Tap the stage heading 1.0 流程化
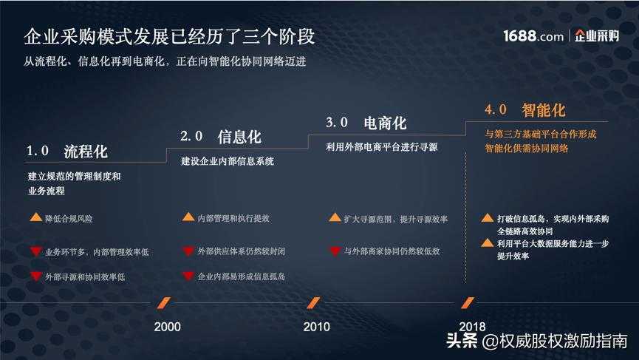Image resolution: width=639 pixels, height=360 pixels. [67, 152]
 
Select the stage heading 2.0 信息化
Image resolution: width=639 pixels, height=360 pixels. [221, 137]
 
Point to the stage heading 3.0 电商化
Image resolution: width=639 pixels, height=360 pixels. [366, 122]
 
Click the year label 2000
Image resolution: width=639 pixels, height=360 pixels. [167, 326]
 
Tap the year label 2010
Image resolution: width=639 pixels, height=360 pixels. [317, 326]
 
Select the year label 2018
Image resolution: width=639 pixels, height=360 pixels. [472, 326]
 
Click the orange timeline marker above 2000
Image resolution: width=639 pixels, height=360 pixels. [165, 303]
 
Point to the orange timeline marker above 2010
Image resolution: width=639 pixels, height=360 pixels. [314, 303]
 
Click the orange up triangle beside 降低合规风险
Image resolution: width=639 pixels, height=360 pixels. [35, 219]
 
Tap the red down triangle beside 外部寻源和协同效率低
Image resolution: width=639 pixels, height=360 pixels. [35, 276]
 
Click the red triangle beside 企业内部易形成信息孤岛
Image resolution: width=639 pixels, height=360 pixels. [188, 276]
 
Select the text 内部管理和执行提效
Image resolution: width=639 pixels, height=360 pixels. [233, 219]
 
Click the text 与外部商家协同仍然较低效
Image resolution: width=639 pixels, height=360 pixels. [392, 251]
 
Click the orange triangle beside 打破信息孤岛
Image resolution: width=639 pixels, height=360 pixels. [488, 219]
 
